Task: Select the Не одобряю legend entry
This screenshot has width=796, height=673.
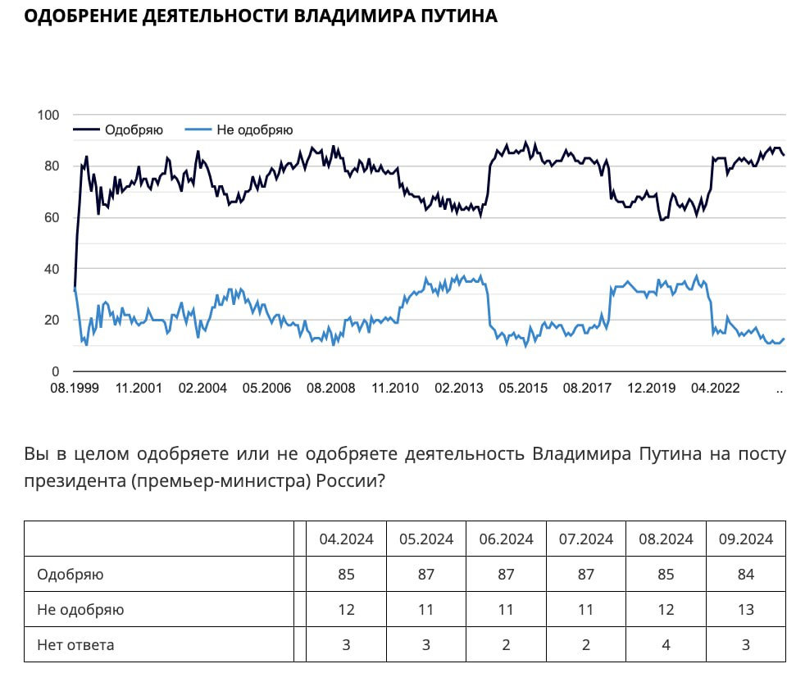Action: [254, 130]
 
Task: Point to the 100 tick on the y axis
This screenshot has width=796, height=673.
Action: [48, 115]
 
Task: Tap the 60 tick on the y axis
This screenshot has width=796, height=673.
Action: [52, 217]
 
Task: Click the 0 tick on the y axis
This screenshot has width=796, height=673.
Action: [55, 371]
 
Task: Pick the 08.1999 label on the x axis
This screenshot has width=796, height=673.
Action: [74, 389]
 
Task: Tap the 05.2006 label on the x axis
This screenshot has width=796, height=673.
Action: [266, 389]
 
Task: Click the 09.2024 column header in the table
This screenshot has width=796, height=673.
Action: [746, 539]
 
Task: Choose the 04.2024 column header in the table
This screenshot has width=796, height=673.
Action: [346, 539]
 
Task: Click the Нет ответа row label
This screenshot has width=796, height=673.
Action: [75, 645]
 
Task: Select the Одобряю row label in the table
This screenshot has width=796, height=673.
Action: [71, 574]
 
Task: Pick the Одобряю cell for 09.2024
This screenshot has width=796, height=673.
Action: [746, 574]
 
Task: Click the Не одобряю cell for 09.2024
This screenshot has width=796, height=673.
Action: [746, 610]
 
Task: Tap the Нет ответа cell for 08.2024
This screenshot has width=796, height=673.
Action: [666, 645]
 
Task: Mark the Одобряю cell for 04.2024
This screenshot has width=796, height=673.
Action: [346, 574]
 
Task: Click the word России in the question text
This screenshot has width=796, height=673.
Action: [345, 481]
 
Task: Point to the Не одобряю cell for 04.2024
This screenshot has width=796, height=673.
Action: [346, 610]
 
